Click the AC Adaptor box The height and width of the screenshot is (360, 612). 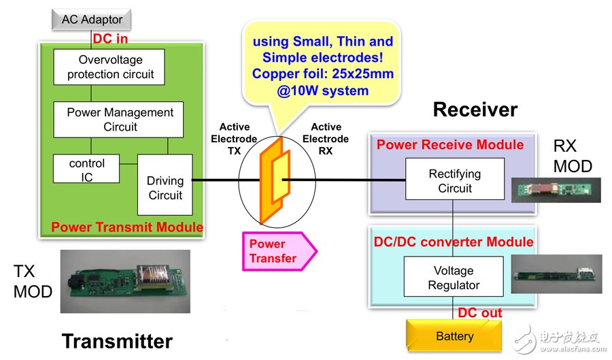(92, 19)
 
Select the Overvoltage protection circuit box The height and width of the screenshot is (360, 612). (111, 67)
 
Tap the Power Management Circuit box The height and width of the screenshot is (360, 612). (120, 119)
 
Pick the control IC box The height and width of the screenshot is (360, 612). (87, 171)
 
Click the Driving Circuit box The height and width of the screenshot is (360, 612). (165, 188)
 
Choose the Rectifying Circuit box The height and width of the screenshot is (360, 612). (455, 180)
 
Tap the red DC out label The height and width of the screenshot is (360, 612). (480, 313)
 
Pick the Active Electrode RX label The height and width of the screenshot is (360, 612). (326, 139)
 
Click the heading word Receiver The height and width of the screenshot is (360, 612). (475, 110)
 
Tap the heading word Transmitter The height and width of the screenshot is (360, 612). (117, 340)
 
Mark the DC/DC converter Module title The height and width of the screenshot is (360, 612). (454, 242)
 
